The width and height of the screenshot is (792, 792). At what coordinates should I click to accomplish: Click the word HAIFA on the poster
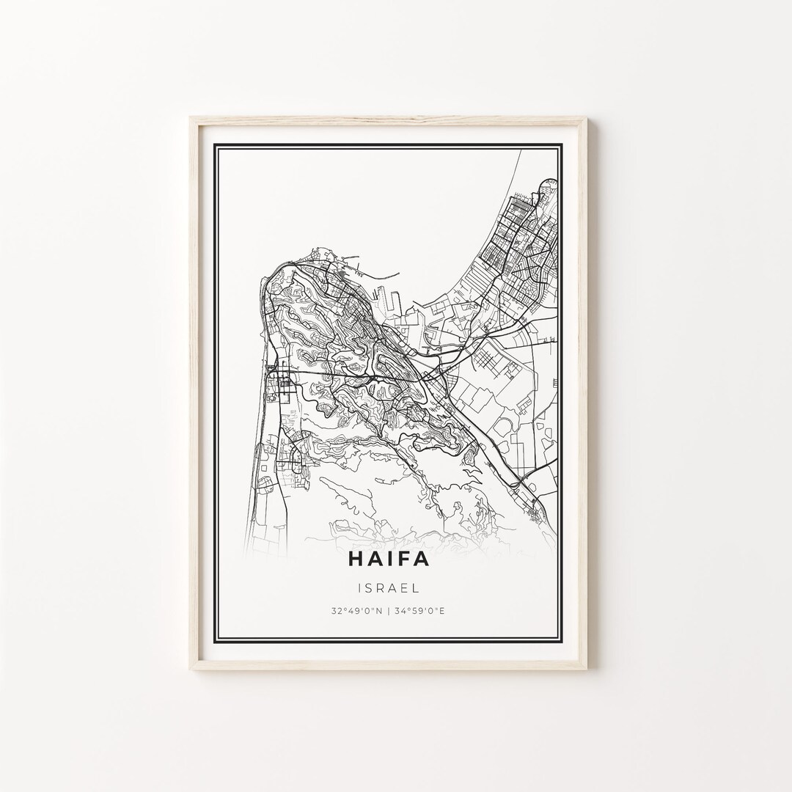pos(389,560)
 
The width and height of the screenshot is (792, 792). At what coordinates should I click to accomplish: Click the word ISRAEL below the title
pos(389,587)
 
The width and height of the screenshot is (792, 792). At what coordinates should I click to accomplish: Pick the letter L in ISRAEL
pos(415,587)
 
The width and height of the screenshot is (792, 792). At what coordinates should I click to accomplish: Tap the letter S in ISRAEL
pos(372,587)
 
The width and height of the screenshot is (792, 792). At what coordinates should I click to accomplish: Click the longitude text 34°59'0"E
pos(419,610)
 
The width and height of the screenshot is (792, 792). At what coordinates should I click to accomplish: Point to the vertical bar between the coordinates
pos(389,610)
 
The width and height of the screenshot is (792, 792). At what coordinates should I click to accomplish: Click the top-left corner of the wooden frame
pos(190,117)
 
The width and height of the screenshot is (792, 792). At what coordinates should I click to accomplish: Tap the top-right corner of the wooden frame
pos(587,117)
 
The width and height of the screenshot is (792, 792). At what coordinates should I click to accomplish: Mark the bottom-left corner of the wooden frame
pos(190,669)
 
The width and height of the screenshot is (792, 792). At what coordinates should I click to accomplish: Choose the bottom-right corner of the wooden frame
pos(587,669)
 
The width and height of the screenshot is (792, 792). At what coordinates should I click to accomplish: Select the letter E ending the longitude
pos(444,610)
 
